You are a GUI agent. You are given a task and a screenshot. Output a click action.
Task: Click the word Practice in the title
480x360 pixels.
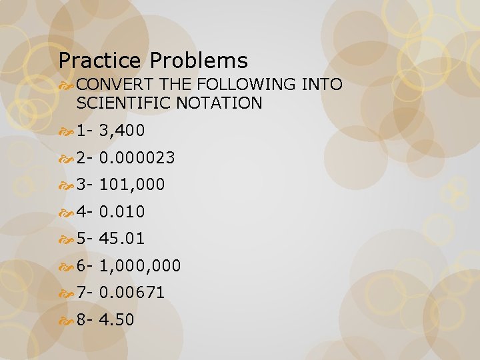pos(101,61)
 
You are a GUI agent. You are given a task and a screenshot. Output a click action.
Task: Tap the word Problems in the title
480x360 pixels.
pos(199,61)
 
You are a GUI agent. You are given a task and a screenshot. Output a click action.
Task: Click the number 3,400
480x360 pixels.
pos(121,131)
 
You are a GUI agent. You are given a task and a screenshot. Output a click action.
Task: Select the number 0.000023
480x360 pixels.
pos(137,158)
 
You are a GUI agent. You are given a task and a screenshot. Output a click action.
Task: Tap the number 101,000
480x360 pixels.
pos(132,185)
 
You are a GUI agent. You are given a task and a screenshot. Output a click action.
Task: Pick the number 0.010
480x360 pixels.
pos(121,212)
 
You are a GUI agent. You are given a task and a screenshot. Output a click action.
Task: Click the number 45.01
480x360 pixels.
pos(122,239)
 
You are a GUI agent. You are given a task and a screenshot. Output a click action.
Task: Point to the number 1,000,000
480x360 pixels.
pos(140,266)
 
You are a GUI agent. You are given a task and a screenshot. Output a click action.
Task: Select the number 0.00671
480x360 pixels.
pos(132,293)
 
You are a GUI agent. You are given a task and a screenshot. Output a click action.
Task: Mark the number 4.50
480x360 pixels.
pos(117,320)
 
